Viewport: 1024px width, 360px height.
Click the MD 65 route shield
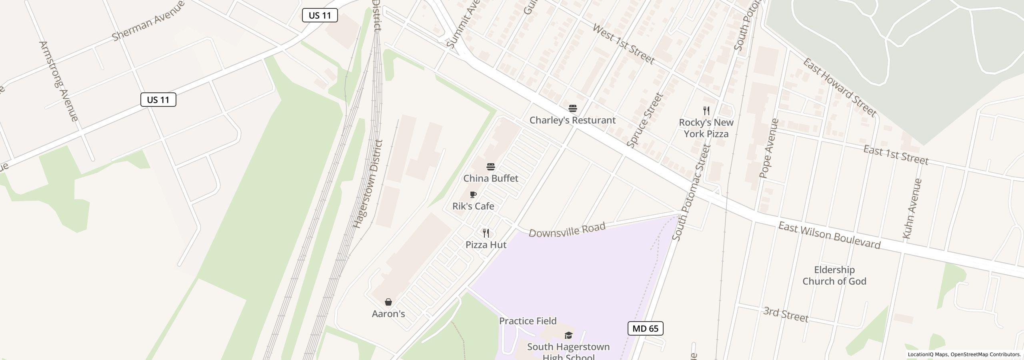645,328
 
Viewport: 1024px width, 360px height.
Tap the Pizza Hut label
486,245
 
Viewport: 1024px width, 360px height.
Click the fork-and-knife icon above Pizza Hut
486,233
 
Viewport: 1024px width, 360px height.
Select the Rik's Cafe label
473,206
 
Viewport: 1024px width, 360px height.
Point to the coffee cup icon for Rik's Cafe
473,195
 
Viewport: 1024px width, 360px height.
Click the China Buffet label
490,178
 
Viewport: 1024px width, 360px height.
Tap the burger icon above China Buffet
491,167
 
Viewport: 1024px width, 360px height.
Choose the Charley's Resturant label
572,120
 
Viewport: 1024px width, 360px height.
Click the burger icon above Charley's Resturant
573,108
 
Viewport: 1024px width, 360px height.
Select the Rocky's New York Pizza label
706,128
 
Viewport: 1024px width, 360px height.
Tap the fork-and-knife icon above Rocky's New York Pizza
706,111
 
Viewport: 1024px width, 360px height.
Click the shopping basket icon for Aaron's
388,302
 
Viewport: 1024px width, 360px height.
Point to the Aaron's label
388,314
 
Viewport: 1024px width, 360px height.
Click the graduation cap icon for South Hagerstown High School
568,335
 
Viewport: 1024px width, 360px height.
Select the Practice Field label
528,321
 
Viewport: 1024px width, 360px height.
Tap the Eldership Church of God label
834,276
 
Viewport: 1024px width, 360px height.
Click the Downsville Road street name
567,230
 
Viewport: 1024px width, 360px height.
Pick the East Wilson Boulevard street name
829,236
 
